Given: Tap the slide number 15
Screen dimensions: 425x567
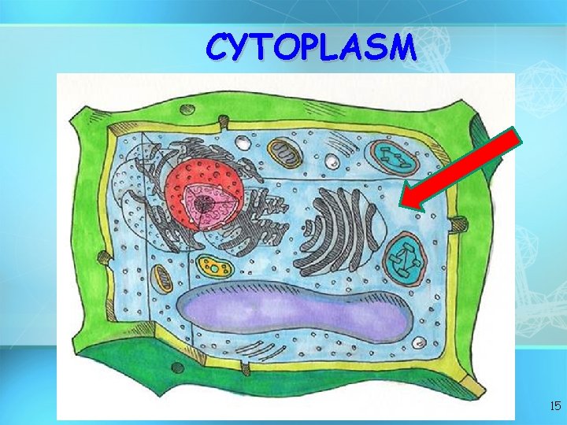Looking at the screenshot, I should pos(554,407).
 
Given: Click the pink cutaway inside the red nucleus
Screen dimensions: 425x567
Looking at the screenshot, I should pos(206,205).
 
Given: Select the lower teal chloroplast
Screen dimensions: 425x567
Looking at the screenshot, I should pos(406,258).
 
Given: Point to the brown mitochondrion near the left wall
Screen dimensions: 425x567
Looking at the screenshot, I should pos(162,276).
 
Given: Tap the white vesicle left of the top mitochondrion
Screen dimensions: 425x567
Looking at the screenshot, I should pos(244,144).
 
